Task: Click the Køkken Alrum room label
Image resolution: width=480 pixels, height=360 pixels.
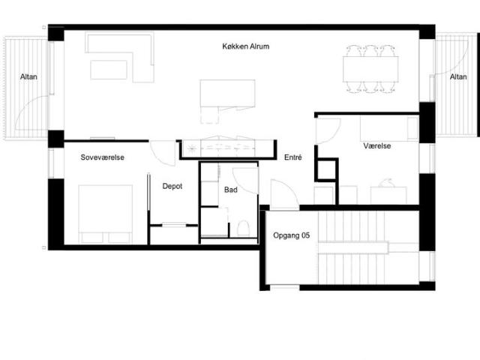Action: tap(245, 46)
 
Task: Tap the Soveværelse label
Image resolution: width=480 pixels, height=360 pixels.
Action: tap(102, 157)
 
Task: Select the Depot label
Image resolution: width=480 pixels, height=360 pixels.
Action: tap(172, 186)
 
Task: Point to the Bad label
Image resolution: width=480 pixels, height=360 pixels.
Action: tap(230, 190)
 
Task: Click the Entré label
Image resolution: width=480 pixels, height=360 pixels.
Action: tap(293, 157)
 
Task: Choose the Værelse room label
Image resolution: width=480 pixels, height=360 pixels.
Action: tap(376, 145)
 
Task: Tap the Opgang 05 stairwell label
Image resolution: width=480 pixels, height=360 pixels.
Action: tap(291, 235)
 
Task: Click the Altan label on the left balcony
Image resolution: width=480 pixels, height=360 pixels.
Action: tap(28, 76)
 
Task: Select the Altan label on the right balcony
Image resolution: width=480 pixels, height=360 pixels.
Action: tap(458, 76)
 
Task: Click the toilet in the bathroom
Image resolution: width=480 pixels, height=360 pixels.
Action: tap(243, 228)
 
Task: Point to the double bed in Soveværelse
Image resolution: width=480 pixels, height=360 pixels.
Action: tap(106, 214)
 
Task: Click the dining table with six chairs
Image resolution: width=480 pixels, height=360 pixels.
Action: tap(370, 69)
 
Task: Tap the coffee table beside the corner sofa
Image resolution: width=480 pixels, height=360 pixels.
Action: tap(109, 70)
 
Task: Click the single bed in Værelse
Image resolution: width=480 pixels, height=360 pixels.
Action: tap(389, 128)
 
